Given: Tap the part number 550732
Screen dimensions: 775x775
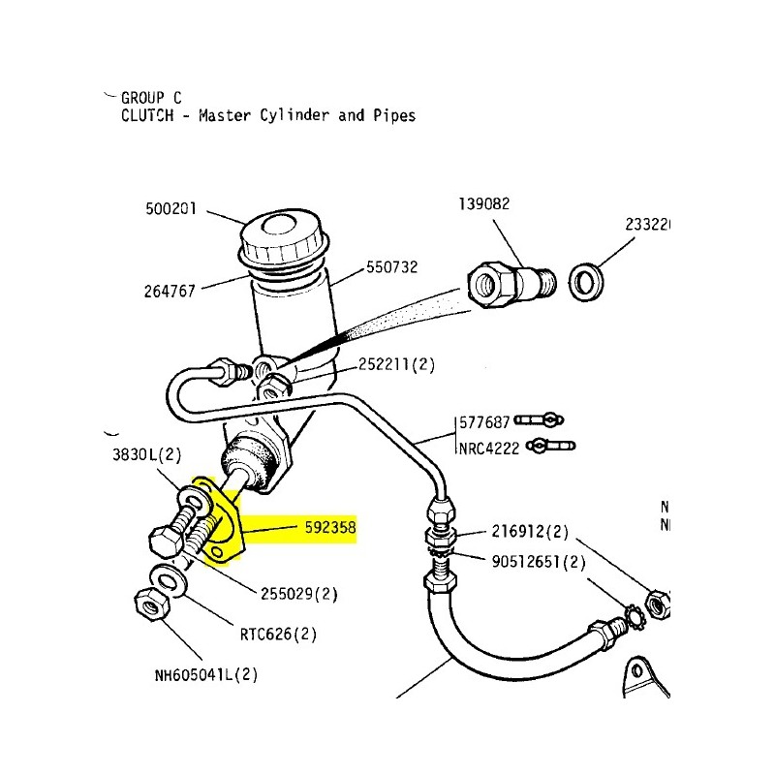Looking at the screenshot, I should [x=391, y=267].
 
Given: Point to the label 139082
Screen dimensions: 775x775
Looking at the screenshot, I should [x=483, y=204].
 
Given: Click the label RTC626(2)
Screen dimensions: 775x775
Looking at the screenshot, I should [x=280, y=636].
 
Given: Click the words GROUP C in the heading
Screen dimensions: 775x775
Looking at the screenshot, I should [x=151, y=97].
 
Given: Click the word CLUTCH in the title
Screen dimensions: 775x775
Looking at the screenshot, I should [x=145, y=115].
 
